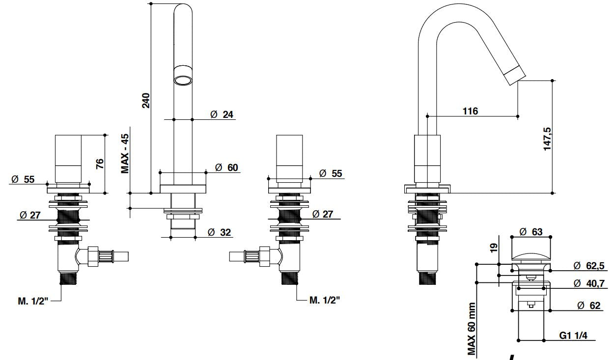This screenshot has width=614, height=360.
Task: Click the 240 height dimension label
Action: [146, 100]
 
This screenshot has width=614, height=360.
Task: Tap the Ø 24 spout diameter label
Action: [222, 114]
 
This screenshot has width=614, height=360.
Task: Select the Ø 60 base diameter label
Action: [226, 167]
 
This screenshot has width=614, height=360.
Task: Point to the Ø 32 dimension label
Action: [219, 232]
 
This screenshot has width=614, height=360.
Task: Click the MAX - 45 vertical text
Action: [125, 153]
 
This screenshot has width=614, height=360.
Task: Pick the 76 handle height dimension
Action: [99, 164]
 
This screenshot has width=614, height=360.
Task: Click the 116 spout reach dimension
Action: [470, 111]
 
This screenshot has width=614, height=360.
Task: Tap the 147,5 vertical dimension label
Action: [547, 139]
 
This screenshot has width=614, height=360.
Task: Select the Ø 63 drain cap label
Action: [530, 231]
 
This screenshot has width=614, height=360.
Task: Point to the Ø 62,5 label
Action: [588, 266]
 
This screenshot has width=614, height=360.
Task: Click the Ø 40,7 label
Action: [588, 283]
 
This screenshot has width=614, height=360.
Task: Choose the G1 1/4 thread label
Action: [573, 336]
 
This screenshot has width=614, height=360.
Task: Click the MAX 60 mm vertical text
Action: [472, 328]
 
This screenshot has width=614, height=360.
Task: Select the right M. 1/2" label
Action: [324, 300]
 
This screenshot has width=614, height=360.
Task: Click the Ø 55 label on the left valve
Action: [23, 179]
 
